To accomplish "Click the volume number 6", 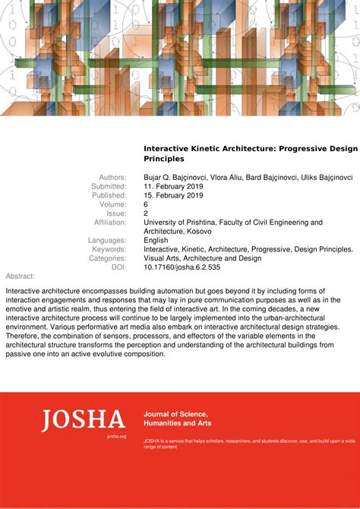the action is [x=146, y=204].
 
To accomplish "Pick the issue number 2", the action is [x=146, y=213].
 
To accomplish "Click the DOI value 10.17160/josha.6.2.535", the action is [x=182, y=267].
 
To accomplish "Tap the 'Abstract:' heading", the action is [x=20, y=276].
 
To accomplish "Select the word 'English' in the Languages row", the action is [x=156, y=240].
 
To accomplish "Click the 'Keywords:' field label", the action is [x=109, y=249].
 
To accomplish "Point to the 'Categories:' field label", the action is [x=107, y=258].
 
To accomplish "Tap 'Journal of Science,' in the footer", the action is [x=176, y=413].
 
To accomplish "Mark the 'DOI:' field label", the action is [x=118, y=267].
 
